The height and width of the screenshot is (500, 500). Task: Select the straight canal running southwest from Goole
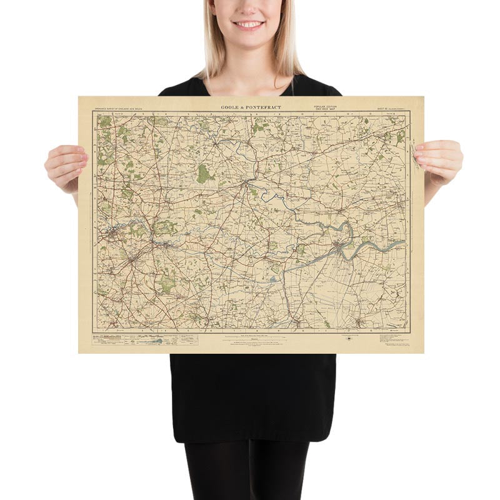pyautogui.click(x=306, y=261)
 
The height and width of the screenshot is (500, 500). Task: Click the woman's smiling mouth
pyautogui.click(x=249, y=25)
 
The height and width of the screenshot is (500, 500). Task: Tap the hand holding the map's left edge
pyautogui.click(x=66, y=165)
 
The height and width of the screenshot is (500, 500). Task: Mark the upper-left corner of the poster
pyautogui.click(x=79, y=97)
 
